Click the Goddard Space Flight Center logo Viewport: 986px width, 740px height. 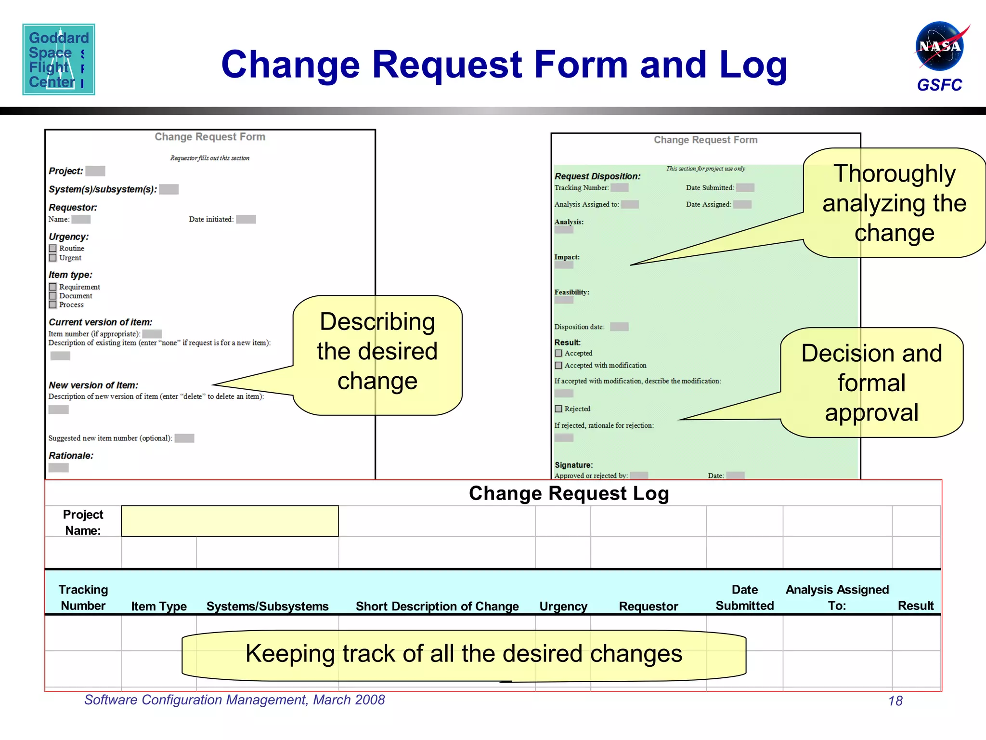(59, 59)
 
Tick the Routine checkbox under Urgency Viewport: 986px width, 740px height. (53, 248)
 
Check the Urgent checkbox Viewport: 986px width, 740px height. (53, 258)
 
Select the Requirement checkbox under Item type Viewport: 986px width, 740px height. (53, 287)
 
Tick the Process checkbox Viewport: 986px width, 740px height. (53, 304)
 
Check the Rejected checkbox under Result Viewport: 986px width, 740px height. (558, 409)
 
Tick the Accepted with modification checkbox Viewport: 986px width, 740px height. (558, 365)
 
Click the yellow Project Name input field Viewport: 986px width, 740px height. (230, 521)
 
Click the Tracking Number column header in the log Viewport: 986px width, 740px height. (83, 597)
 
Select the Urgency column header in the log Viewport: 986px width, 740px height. (563, 606)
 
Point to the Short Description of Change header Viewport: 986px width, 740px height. (437, 606)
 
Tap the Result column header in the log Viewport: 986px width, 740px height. (915, 606)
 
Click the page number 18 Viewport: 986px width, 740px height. (895, 701)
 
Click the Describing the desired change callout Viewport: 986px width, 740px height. (377, 352)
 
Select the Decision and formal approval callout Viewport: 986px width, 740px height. (871, 383)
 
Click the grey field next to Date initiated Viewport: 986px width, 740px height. (246, 219)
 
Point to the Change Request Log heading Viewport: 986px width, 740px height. (569, 493)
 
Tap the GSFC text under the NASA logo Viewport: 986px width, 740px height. (939, 85)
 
